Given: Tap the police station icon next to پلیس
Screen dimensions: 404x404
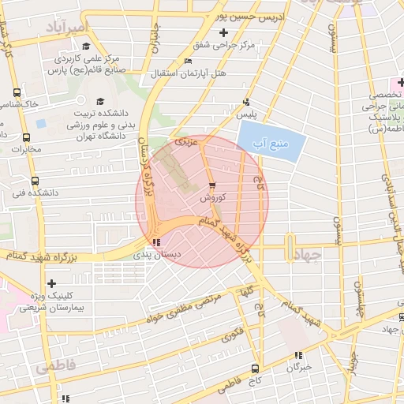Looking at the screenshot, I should point(247,102).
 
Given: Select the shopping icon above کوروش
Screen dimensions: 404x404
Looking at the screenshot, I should point(211,186).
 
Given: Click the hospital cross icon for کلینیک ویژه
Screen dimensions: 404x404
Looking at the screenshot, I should point(52,283).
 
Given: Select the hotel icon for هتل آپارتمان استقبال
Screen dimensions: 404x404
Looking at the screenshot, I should point(187,62).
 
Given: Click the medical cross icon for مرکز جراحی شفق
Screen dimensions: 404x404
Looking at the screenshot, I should point(224,33).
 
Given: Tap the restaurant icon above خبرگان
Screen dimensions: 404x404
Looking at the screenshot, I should point(297,356).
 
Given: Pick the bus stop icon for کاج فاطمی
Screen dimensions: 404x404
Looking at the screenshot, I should point(255,368).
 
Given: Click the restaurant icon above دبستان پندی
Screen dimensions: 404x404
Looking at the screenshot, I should point(156,242).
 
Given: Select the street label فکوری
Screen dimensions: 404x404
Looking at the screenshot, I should point(231,336).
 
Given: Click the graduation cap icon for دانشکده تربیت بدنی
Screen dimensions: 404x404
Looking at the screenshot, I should point(100,102).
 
